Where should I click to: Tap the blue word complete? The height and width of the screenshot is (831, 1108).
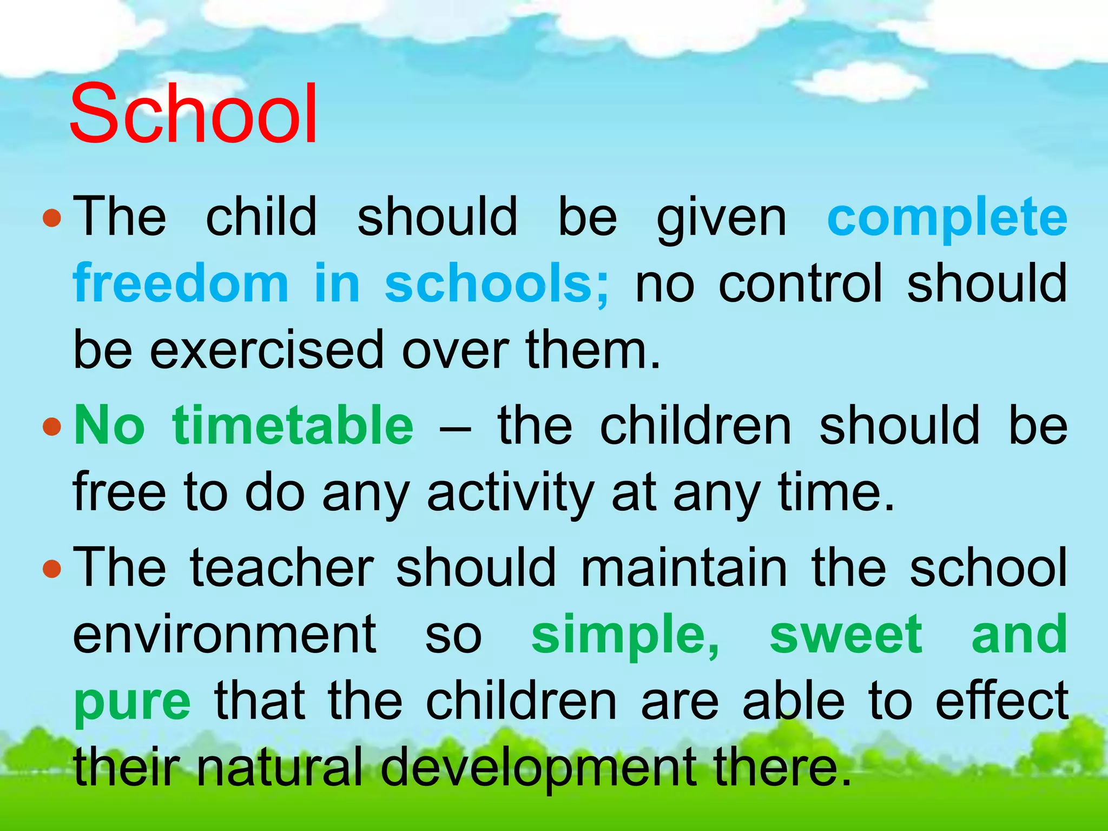(947, 218)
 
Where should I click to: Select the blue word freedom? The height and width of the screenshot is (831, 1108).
(181, 283)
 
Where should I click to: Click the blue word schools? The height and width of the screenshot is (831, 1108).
(497, 283)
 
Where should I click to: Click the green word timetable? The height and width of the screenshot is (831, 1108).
(293, 426)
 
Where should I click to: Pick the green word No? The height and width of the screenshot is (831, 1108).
(110, 426)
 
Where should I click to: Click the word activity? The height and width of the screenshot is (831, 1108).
(511, 492)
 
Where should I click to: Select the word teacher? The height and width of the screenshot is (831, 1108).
(282, 567)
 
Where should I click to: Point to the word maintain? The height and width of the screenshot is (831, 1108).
(684, 567)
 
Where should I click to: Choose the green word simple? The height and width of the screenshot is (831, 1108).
(625, 636)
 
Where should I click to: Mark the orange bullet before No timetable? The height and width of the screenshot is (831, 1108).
(52, 427)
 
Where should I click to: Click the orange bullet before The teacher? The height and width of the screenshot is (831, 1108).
(52, 569)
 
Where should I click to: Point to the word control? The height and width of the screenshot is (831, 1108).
(800, 283)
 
